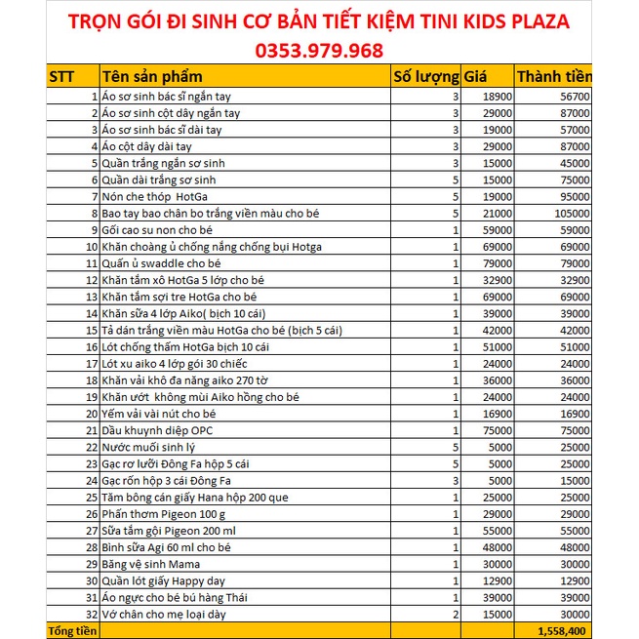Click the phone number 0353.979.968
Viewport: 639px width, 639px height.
point(319,49)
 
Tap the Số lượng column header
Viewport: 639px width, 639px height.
point(425,77)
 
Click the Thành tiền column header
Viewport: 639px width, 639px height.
point(553,77)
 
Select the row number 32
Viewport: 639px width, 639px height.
point(91,615)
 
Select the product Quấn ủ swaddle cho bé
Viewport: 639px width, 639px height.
point(160,263)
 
